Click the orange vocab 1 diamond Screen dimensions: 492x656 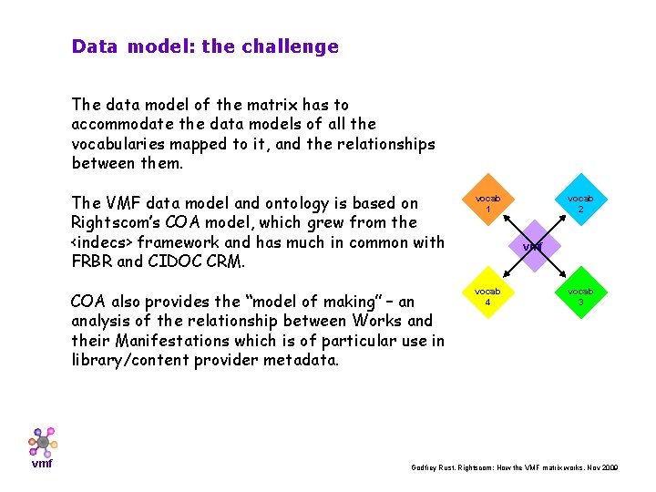click(488, 202)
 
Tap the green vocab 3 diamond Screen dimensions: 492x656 click(579, 297)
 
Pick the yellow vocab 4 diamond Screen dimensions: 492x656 click(488, 297)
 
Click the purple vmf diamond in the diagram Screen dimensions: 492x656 click(533, 247)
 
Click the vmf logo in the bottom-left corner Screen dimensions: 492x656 click(42, 446)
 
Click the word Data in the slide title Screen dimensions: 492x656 click(95, 46)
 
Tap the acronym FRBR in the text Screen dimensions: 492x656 click(92, 261)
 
